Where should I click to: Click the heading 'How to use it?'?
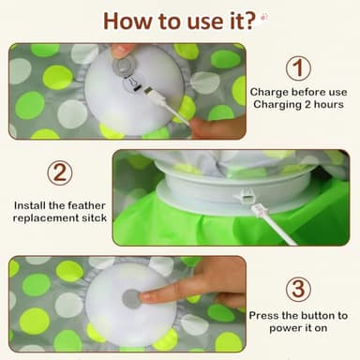180,21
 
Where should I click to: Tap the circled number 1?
297,68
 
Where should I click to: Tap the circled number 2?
58,172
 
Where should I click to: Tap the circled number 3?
298,288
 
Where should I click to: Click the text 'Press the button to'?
303,316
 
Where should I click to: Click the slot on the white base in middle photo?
245,197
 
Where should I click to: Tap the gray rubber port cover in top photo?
122,67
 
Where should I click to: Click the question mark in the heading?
252,21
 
